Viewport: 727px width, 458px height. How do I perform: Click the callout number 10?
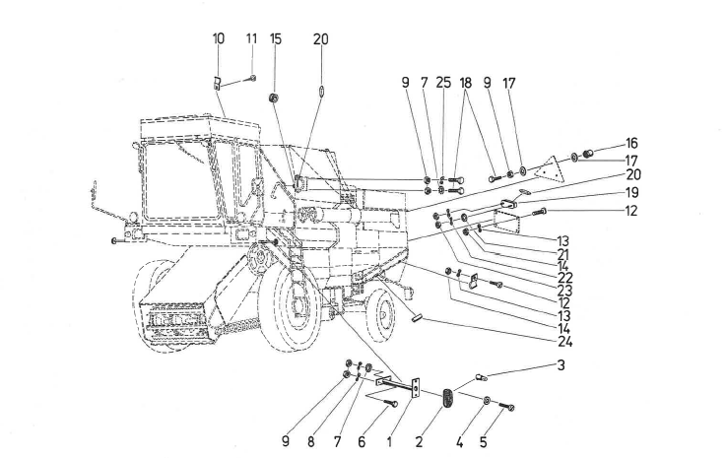click(219, 38)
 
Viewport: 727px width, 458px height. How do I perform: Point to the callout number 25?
click(443, 83)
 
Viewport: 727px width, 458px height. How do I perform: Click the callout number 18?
click(465, 83)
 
